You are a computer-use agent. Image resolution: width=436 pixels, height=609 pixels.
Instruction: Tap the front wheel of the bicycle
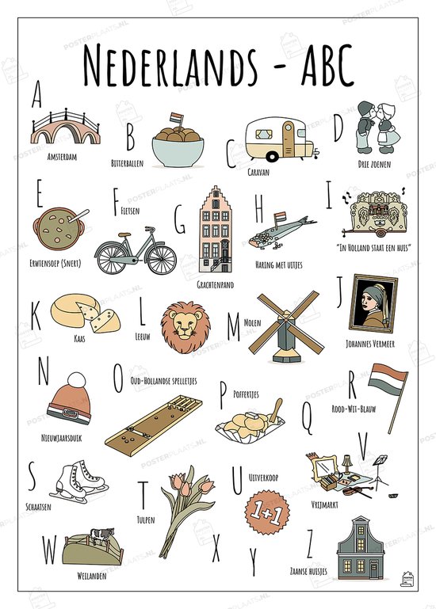coord(162,257)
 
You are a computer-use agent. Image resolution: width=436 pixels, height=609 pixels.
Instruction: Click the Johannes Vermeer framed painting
coord(373,305)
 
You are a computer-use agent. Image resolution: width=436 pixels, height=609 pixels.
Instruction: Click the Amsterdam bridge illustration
coord(65,127)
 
